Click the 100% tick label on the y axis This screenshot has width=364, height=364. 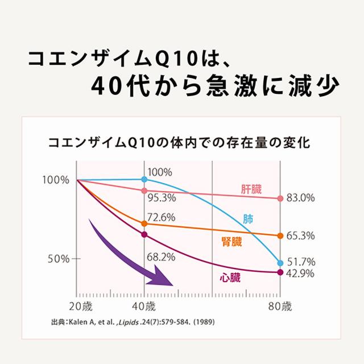pyautogui.click(x=55, y=180)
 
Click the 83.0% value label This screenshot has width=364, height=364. pyautogui.click(x=301, y=198)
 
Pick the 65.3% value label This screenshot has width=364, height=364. pyautogui.click(x=301, y=235)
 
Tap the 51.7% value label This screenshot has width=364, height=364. pyautogui.click(x=301, y=262)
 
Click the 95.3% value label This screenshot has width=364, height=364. pyautogui.click(x=161, y=198)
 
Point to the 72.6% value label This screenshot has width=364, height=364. pyautogui.click(x=161, y=217)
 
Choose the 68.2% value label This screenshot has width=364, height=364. pyautogui.click(x=161, y=257)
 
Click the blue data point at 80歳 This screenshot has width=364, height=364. pyautogui.click(x=280, y=263)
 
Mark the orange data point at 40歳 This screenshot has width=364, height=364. pyautogui.click(x=144, y=224)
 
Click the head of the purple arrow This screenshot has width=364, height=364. pyautogui.click(x=167, y=278)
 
